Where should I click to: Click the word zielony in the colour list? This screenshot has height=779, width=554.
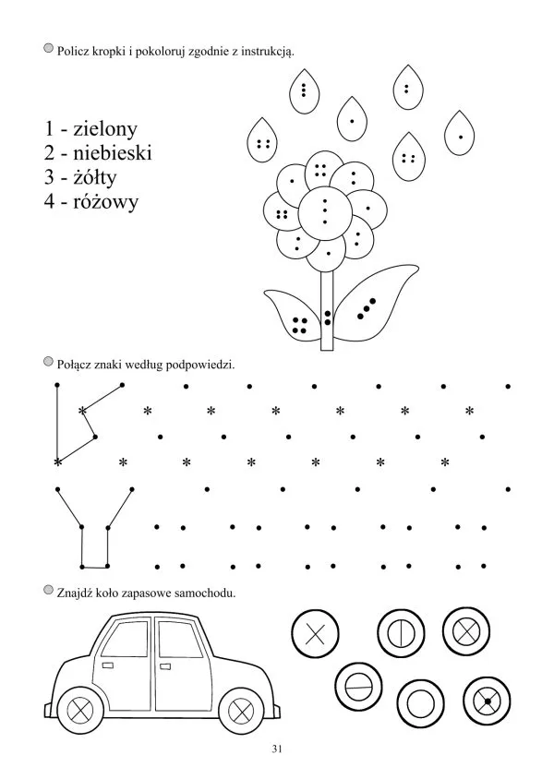coord(105,129)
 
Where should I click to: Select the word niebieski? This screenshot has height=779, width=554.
coord(113,153)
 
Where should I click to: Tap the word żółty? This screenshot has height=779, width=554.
coord(94,177)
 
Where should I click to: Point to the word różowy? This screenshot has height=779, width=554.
coord(105,202)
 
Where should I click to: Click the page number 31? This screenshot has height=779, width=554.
coord(277,749)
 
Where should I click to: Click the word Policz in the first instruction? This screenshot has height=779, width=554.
coord(73,51)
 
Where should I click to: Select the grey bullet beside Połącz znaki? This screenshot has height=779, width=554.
coord(48,361)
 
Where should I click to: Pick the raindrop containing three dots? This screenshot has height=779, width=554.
coord(304,91)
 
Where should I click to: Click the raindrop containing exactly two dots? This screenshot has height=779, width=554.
coord(408,89)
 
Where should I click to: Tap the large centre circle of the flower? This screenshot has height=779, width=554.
coord(325,212)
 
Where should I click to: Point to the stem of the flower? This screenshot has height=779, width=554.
coord(327,309)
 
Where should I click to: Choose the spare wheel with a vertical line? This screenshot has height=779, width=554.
coord(402,633)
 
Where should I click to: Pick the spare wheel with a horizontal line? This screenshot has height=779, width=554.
coord(359,687)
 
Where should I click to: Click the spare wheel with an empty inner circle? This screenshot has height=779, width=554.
coord(421,703)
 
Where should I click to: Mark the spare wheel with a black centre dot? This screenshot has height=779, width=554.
coord(487,701)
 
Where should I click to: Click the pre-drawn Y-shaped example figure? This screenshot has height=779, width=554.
coord(94,528)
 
